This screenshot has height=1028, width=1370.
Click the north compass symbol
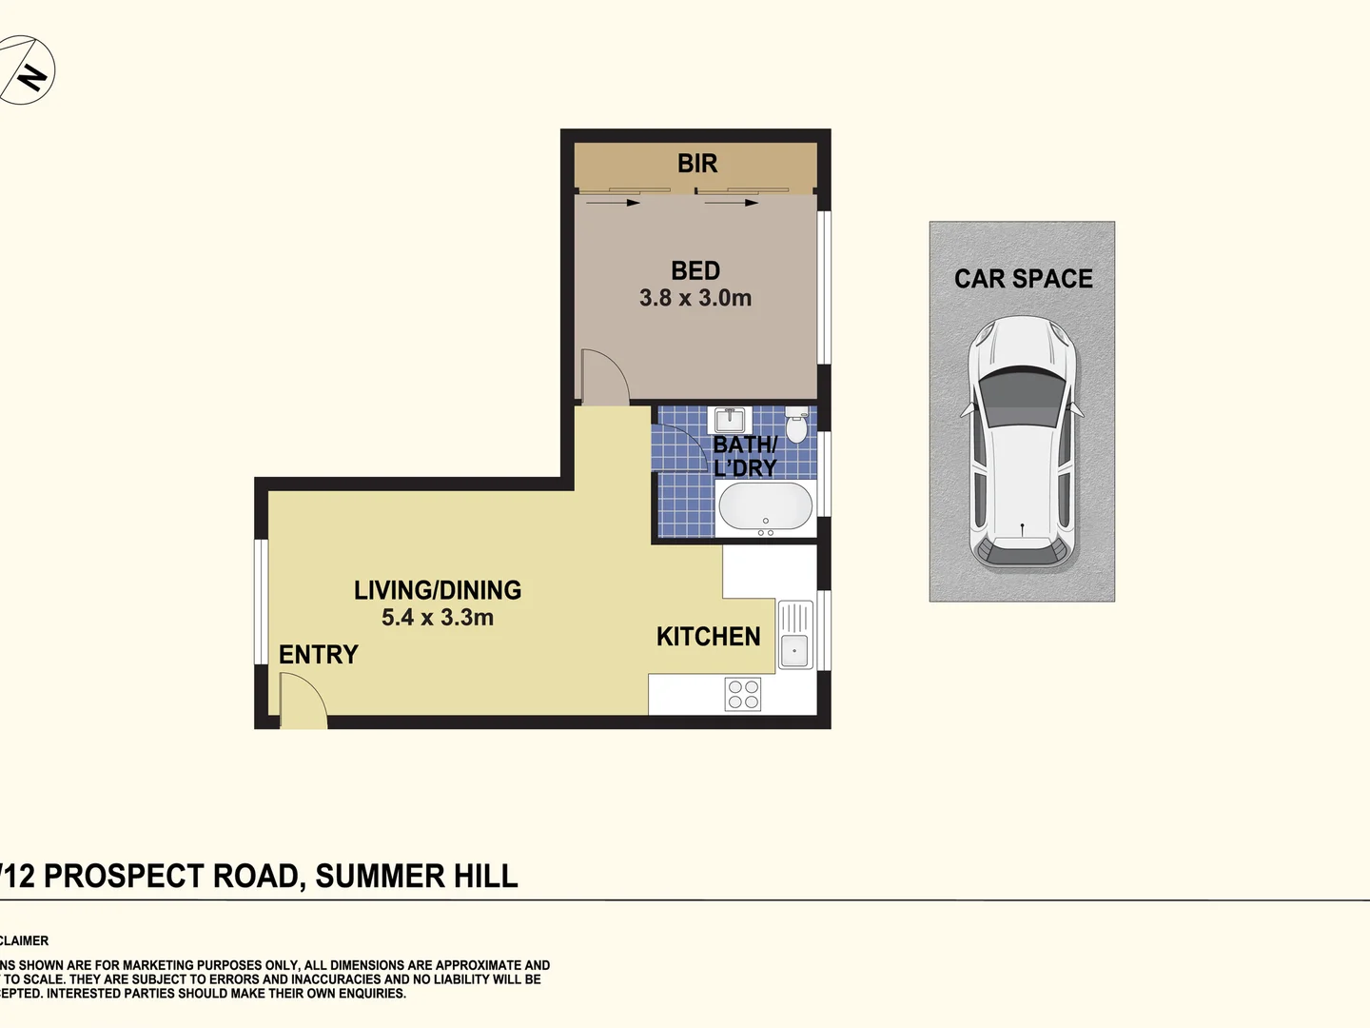[28, 70]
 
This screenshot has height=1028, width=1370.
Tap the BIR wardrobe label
[697, 164]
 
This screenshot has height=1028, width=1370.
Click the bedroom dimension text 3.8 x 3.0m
[695, 298]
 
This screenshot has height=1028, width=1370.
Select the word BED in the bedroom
[695, 271]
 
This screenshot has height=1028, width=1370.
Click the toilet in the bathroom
[796, 425]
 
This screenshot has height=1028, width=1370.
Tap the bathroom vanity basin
[731, 419]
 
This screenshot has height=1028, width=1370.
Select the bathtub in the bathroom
[765, 506]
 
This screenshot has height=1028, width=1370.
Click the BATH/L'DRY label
[745, 456]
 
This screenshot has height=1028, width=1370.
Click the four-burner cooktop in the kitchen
[743, 694]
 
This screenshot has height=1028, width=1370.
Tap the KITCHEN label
[708, 637]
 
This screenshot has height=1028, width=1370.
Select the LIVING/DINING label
[438, 590]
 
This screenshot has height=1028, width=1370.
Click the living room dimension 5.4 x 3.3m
[438, 618]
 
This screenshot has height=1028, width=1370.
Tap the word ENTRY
[318, 655]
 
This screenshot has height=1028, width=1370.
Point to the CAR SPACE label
[1023, 279]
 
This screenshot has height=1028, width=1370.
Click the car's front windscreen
[1022, 393]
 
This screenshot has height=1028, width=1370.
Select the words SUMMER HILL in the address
[417, 876]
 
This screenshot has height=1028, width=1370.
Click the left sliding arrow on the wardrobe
[613, 202]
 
